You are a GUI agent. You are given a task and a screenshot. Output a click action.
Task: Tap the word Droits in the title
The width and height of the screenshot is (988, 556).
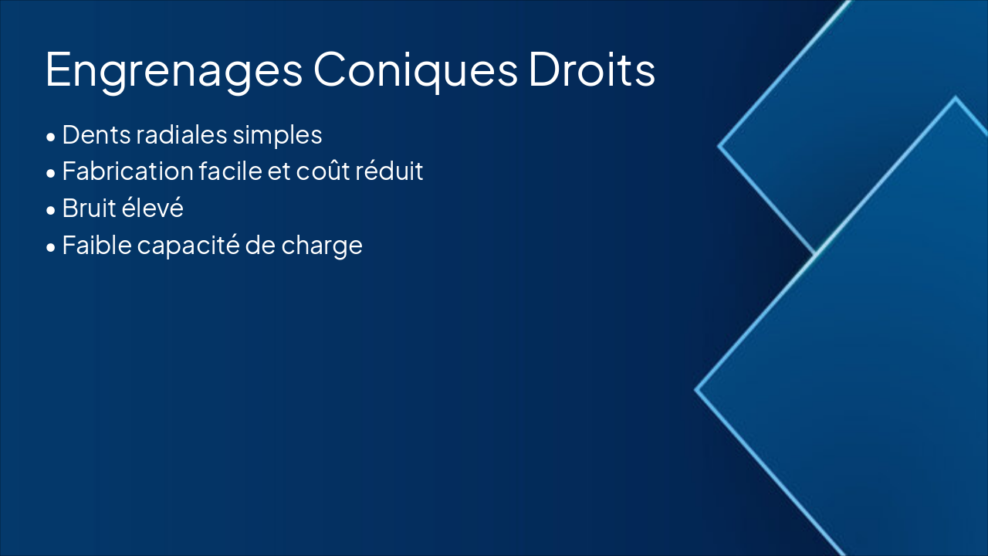click(592, 69)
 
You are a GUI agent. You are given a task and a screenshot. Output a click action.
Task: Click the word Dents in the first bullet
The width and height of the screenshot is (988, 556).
click(96, 134)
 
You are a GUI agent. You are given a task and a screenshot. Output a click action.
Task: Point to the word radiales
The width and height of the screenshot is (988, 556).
click(181, 134)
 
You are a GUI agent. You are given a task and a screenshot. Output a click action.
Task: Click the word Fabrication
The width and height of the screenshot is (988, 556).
click(128, 171)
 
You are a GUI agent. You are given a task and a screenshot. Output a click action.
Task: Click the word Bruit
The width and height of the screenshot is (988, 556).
click(89, 208)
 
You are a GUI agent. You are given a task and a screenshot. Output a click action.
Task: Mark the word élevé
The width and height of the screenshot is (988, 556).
click(152, 208)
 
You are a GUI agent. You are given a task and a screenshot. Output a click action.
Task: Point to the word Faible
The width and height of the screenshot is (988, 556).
click(97, 245)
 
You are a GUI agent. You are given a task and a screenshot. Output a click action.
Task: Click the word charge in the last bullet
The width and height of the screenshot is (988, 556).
click(322, 246)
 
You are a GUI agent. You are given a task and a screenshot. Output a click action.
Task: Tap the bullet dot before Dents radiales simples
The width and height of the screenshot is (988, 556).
click(51, 137)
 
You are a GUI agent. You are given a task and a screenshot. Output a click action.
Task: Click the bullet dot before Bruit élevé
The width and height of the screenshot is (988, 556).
click(51, 210)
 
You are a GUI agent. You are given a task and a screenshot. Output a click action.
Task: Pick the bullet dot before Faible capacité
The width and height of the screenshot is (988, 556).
click(51, 247)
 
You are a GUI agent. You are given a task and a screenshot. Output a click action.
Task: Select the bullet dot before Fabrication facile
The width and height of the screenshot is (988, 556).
click(51, 174)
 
